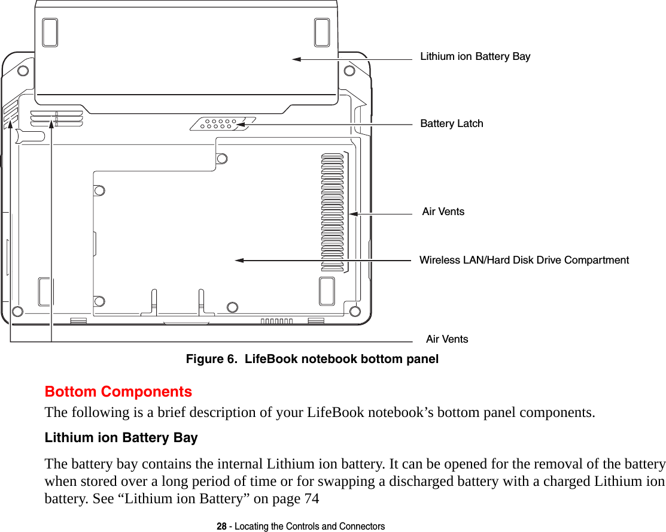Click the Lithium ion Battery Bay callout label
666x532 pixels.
pyautogui.click(x=475, y=57)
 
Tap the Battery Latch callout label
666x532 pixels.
pyautogui.click(x=452, y=123)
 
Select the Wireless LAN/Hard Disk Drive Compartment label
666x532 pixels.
pyautogui.click(x=524, y=260)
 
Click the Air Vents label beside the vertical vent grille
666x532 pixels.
pyautogui.click(x=443, y=211)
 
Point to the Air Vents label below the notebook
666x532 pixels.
pyautogui.click(x=447, y=339)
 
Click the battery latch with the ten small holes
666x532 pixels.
pyautogui.click(x=219, y=124)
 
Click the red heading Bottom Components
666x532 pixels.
pyautogui.click(x=118, y=392)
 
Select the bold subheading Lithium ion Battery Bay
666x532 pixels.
pyautogui.click(x=121, y=438)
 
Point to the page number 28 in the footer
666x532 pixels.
pyautogui.click(x=221, y=526)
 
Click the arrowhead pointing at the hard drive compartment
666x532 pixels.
pyautogui.click(x=240, y=260)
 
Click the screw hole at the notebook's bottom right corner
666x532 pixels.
pyautogui.click(x=355, y=311)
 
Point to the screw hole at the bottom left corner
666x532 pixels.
pyautogui.click(x=17, y=312)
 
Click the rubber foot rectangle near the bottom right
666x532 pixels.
pyautogui.click(x=327, y=292)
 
